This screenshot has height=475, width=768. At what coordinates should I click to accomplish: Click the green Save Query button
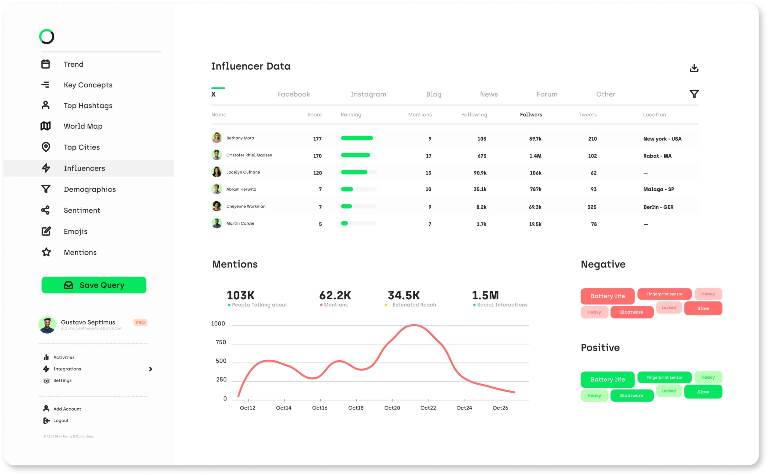pos(94,285)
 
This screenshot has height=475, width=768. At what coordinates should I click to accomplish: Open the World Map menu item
pos(83,126)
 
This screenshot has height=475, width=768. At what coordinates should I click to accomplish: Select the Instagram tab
pos(368,94)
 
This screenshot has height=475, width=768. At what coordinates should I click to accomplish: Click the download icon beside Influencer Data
pos(694,68)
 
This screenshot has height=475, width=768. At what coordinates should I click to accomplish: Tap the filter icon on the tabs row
pos(694,94)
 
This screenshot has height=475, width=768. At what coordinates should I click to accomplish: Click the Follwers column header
pos(531,115)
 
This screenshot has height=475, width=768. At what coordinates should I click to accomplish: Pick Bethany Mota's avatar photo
pos(217,138)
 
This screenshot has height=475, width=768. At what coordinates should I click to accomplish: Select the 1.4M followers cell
pos(535,156)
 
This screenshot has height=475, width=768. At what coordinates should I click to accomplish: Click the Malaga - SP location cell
pos(658,189)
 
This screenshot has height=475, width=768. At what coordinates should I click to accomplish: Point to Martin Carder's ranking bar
pos(358,223)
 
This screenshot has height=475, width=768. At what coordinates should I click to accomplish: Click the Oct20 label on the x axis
pos(392,408)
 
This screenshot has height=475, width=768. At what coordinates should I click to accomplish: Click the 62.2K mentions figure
pos(335,295)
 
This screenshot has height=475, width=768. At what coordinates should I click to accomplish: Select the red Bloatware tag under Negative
pos(631,312)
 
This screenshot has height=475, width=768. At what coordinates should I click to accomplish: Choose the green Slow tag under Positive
pos(703,392)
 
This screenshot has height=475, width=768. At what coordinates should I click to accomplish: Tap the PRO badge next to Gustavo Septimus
pos(140,322)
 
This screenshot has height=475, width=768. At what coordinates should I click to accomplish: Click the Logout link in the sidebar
pos(61,420)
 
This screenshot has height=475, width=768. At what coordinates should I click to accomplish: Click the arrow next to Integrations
pos(150,369)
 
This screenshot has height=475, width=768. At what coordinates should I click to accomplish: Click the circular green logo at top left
pos(47,37)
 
